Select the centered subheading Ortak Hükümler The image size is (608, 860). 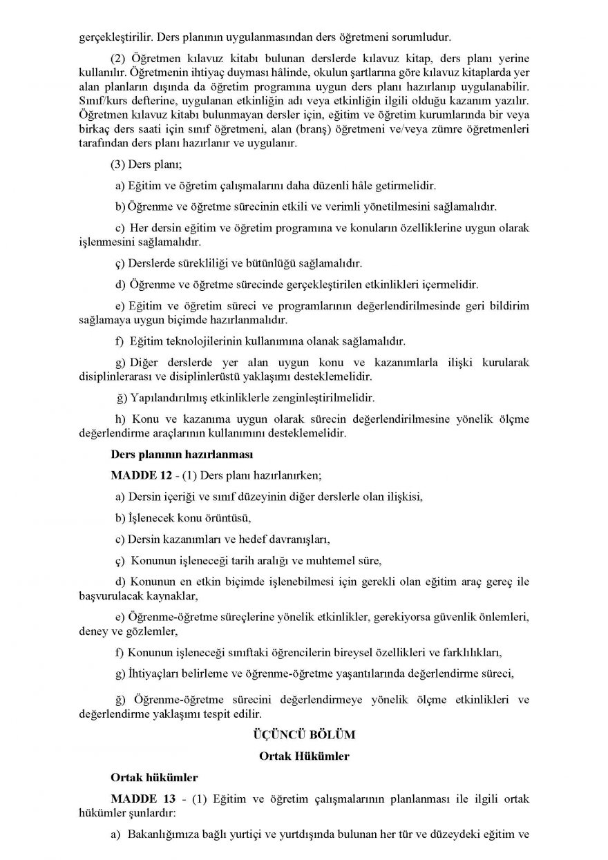coord(304,756)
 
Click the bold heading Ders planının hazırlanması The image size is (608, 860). coord(173,455)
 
